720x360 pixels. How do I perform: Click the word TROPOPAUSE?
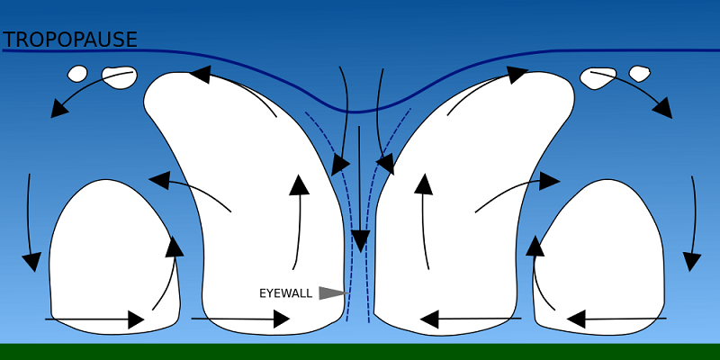point(70,40)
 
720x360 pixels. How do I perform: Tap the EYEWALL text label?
point(285,293)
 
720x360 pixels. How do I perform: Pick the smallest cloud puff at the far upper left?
point(77,74)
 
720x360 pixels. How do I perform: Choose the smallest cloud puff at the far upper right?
point(639,74)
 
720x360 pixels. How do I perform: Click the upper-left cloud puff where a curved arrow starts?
point(120,77)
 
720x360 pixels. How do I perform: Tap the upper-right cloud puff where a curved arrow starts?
point(598,78)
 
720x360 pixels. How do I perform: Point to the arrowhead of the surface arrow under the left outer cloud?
point(137,319)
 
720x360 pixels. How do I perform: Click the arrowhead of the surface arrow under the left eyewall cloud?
point(282,319)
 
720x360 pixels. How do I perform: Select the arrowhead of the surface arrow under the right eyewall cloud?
point(429,319)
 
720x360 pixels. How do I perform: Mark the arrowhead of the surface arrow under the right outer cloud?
point(576,319)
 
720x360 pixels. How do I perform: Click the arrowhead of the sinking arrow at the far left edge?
point(31,262)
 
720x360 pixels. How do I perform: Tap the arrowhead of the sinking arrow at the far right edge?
point(691,262)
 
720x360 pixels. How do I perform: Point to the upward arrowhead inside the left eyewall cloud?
point(300,184)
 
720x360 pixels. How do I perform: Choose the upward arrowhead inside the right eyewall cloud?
point(423,184)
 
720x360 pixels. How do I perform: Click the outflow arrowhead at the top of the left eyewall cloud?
point(201,75)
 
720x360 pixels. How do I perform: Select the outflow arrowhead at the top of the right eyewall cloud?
point(517,75)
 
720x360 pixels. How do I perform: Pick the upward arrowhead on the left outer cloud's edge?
point(174,247)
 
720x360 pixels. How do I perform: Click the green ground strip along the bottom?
point(360,352)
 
